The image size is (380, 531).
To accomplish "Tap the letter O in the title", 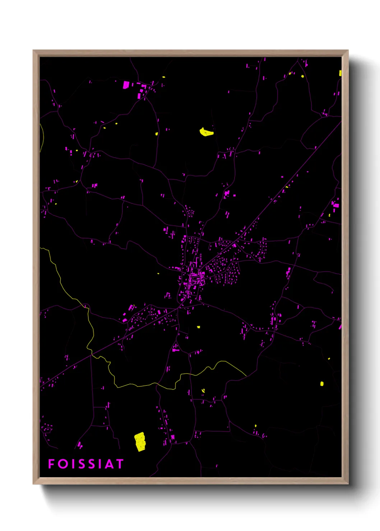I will [x=63, y=464].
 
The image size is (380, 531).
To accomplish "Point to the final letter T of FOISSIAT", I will [x=120, y=464].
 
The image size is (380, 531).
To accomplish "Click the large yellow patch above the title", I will [x=140, y=442].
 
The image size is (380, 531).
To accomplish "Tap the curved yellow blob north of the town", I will [x=206, y=132].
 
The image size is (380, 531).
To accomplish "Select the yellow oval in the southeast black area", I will [x=322, y=384].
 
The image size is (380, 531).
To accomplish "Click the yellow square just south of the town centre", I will [x=198, y=327].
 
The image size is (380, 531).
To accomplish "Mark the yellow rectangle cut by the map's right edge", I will [x=340, y=73].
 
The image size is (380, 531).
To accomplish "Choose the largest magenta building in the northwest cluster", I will [x=126, y=85].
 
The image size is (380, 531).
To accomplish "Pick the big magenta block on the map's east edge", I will [x=335, y=205].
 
